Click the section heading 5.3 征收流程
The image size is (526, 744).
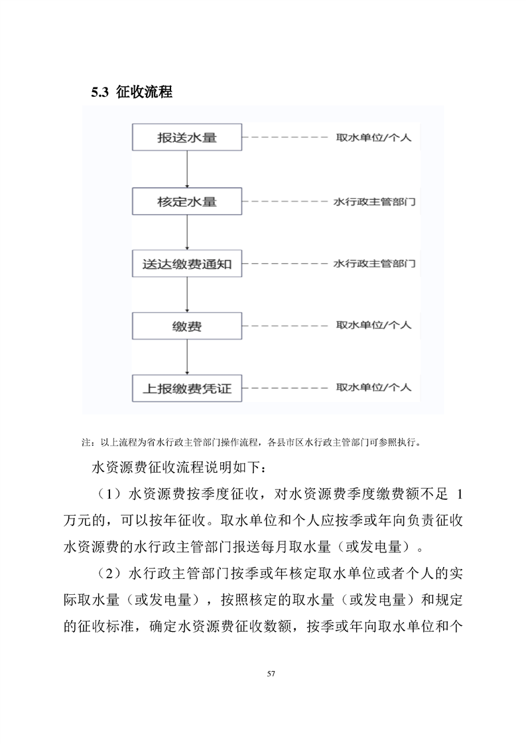click(131, 92)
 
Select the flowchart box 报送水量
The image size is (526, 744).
click(188, 139)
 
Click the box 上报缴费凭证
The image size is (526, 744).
click(188, 389)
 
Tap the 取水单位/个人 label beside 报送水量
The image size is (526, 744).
click(373, 139)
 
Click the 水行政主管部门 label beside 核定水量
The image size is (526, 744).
click(374, 201)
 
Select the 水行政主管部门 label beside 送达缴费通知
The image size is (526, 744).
click(374, 263)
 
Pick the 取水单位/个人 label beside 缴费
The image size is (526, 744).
click(373, 326)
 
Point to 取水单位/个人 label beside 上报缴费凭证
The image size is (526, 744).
click(373, 387)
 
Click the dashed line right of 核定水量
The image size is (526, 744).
click(285, 201)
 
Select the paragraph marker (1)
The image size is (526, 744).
click(105, 495)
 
